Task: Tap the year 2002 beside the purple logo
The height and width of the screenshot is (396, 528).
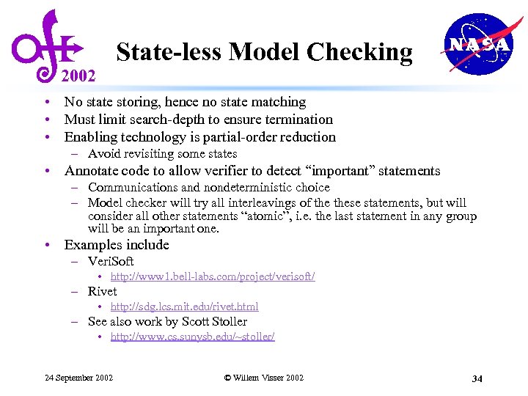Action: tap(78, 75)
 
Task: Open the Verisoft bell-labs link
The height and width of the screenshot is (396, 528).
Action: tap(213, 276)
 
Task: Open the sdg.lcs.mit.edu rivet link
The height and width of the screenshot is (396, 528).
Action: tap(184, 307)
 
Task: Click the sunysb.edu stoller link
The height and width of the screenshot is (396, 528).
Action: tap(192, 337)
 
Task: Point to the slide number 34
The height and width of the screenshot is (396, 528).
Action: tap(477, 378)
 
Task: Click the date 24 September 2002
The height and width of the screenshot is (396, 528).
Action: tap(79, 378)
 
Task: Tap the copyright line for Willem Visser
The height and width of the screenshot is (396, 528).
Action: tap(263, 378)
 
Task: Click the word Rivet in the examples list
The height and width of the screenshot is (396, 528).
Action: tap(102, 291)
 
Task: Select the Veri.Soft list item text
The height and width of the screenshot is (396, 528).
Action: tap(111, 261)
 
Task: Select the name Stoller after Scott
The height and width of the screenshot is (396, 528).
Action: tap(228, 321)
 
